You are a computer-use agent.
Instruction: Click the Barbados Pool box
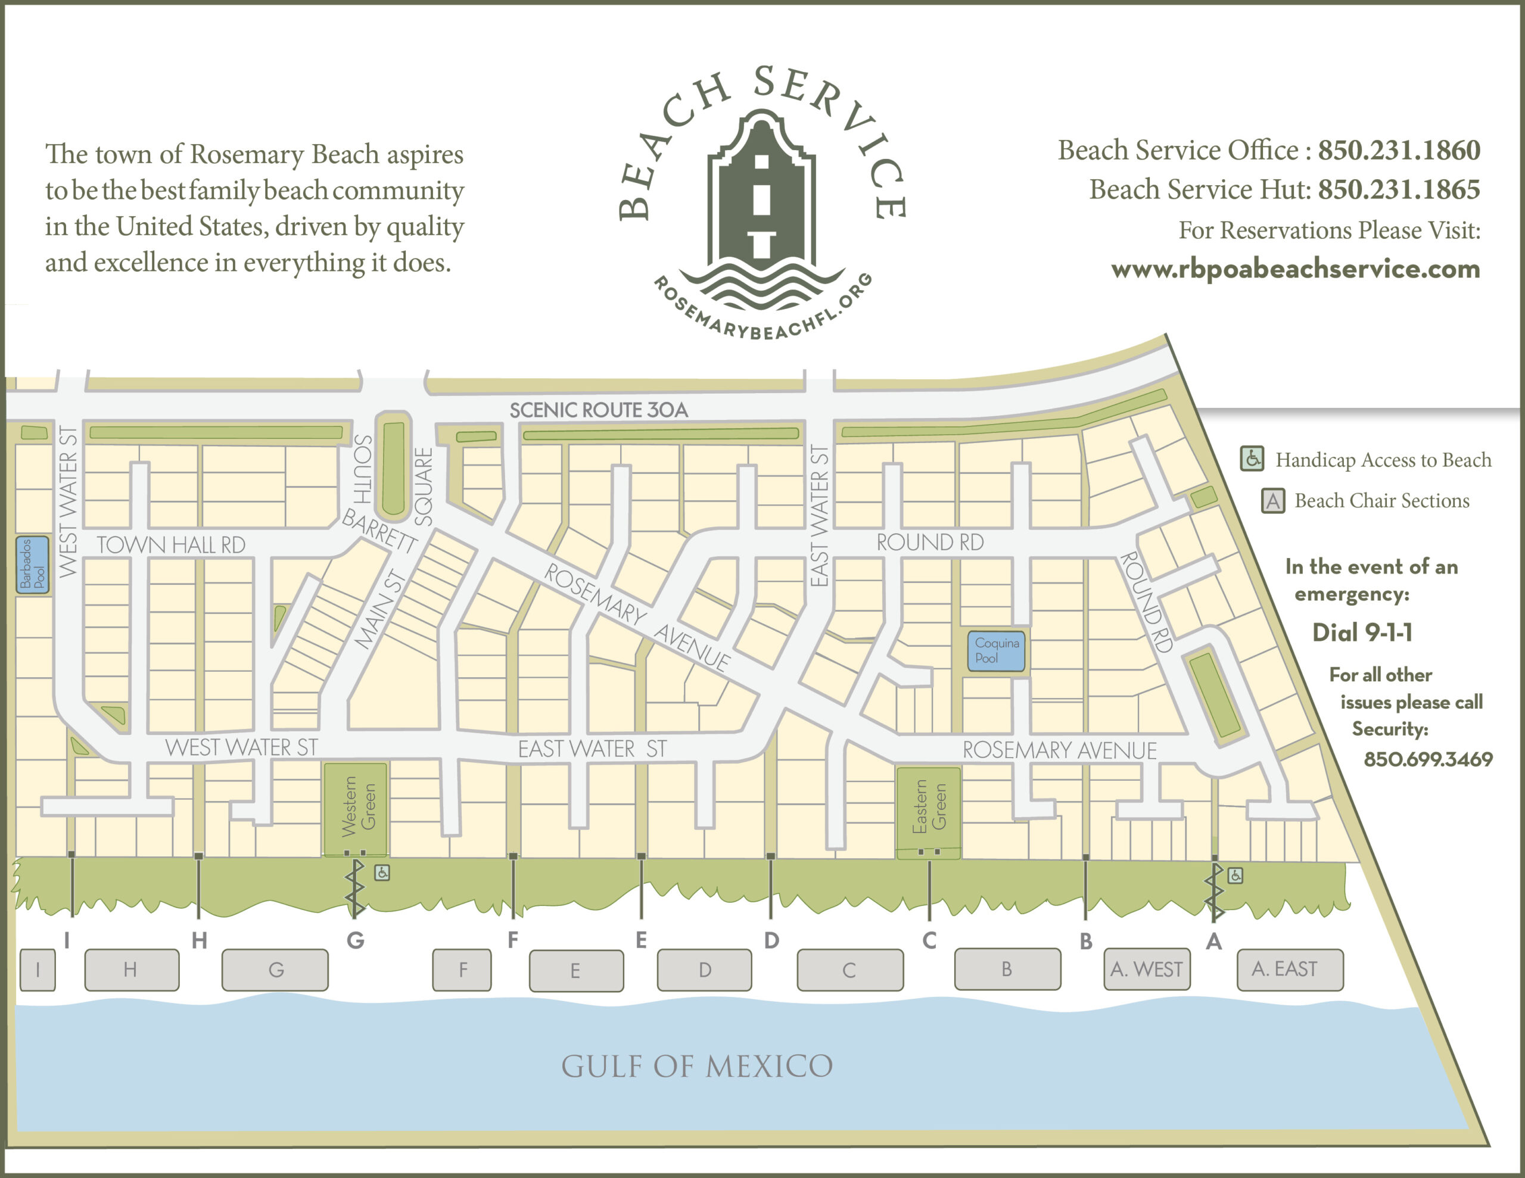point(33,565)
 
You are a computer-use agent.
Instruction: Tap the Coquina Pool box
point(996,651)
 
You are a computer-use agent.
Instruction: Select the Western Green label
point(357,806)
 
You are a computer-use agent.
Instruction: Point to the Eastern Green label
point(929,806)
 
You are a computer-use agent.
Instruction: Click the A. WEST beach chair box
point(1147,969)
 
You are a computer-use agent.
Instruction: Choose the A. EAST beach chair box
point(1290,969)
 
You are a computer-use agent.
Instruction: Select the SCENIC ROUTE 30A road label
point(599,410)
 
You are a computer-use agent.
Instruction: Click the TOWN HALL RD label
point(171,545)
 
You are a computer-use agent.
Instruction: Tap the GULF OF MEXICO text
point(697,1066)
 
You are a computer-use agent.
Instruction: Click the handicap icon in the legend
point(1252,459)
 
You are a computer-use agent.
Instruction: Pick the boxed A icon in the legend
point(1272,501)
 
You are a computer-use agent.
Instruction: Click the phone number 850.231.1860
point(1399,150)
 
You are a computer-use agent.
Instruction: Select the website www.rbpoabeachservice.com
point(1295,269)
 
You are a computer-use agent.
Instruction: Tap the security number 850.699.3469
point(1428,759)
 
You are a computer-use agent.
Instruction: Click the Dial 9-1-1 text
point(1362,632)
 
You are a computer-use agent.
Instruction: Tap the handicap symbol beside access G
point(382,872)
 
